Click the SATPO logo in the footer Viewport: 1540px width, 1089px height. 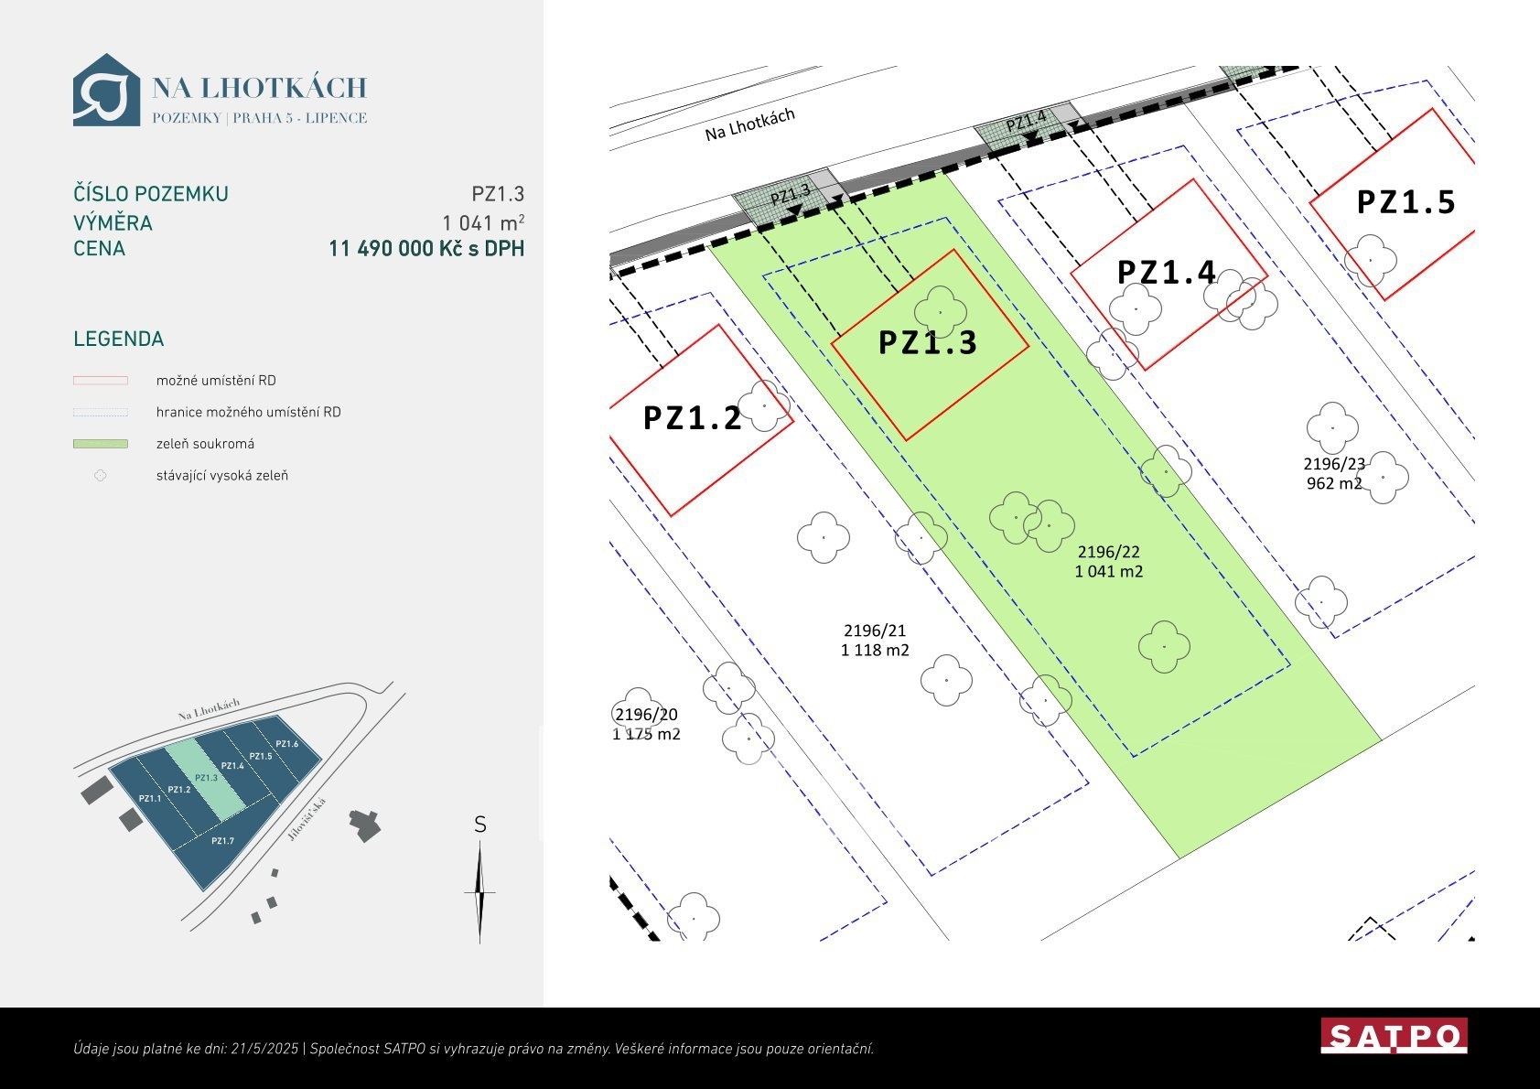click(1394, 1035)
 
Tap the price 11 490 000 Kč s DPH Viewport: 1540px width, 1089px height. click(426, 248)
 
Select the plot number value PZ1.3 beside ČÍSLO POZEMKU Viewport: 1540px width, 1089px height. click(498, 194)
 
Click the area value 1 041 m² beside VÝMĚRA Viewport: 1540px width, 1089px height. click(483, 222)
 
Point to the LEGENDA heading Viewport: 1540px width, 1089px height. click(119, 339)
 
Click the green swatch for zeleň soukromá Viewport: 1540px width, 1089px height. click(101, 444)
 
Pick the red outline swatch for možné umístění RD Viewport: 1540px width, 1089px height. click(101, 380)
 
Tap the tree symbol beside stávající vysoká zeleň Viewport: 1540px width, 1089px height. click(101, 476)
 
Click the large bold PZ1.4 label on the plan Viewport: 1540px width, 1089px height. click(1166, 273)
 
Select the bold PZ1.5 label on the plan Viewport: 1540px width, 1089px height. click(1405, 202)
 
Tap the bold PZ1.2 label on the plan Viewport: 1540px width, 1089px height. click(693, 418)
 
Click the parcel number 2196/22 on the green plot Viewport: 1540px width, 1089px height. click(1108, 552)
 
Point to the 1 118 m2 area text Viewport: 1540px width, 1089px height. click(875, 650)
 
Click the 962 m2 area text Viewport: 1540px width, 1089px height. click(1334, 483)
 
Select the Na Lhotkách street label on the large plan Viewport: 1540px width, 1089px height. click(750, 124)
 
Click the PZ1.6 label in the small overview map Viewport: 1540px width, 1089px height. click(286, 744)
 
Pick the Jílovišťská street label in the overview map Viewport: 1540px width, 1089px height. click(307, 820)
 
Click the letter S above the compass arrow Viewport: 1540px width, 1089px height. click(479, 825)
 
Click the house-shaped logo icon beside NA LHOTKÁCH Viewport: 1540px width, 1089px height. click(106, 90)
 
